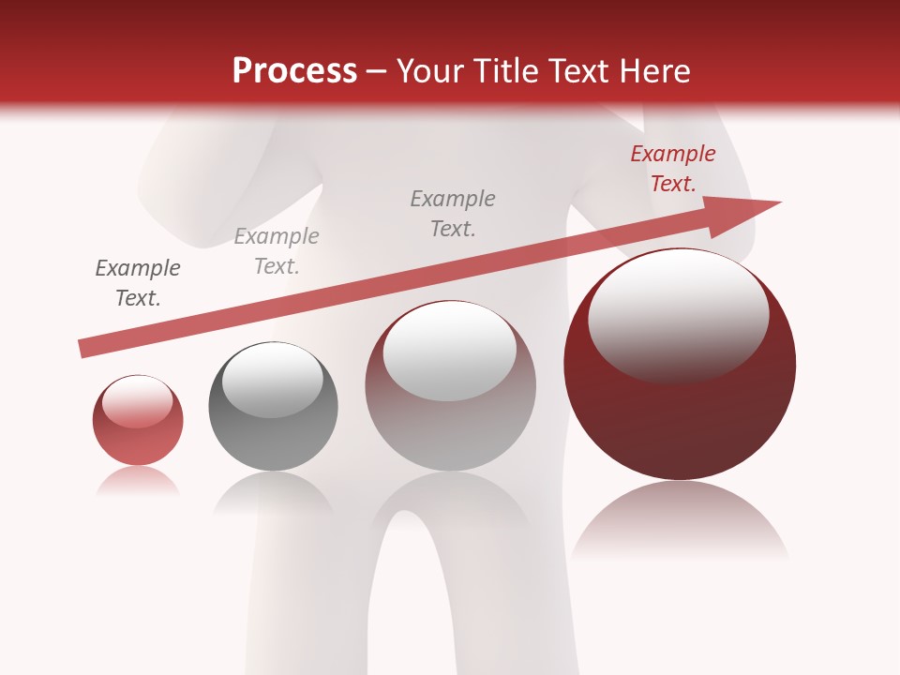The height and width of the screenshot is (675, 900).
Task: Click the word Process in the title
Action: click(x=294, y=71)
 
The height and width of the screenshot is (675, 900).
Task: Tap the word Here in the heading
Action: click(x=652, y=71)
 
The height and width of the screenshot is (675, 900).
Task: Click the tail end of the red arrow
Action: click(x=84, y=348)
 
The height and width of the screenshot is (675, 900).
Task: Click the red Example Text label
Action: click(x=672, y=169)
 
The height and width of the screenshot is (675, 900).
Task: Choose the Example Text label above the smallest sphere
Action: click(x=138, y=283)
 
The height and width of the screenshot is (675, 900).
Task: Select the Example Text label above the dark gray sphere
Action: click(x=277, y=251)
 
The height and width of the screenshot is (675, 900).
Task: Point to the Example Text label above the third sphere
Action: click(x=453, y=214)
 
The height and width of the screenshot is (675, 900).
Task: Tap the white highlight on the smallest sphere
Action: click(x=137, y=401)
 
